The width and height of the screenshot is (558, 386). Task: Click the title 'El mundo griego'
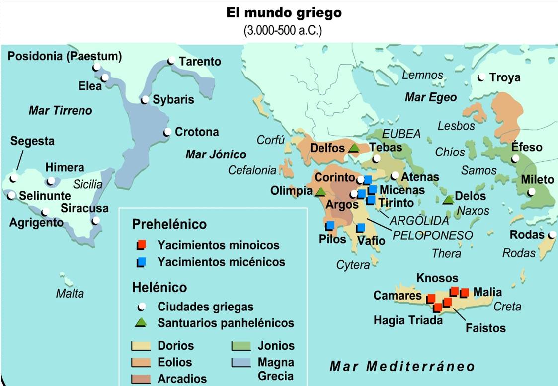[x=284, y=12]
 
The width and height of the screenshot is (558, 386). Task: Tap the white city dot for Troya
[x=481, y=77]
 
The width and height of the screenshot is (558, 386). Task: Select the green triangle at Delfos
[x=354, y=148]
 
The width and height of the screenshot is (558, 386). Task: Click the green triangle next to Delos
[x=448, y=199]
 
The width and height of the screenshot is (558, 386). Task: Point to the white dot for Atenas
[x=395, y=176]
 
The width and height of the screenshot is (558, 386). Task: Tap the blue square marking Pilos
[x=330, y=226]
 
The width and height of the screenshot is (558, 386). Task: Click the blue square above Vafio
[x=361, y=228]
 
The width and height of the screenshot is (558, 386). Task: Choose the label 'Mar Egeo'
[x=430, y=97]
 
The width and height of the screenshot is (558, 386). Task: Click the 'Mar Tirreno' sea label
[x=60, y=110]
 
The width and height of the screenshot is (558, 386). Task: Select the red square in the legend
[x=142, y=245]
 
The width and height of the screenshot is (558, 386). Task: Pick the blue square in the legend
[x=142, y=262]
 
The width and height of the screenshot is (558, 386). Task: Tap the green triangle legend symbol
[x=142, y=322]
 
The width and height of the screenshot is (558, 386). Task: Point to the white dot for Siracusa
[x=96, y=220]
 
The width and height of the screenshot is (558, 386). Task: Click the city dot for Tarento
[x=171, y=61]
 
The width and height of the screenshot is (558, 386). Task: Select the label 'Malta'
[x=70, y=293]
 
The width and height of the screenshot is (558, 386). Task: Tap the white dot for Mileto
[x=532, y=192]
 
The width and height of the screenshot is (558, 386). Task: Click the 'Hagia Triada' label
[x=408, y=320]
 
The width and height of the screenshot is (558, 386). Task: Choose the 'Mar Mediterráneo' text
[x=402, y=367]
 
